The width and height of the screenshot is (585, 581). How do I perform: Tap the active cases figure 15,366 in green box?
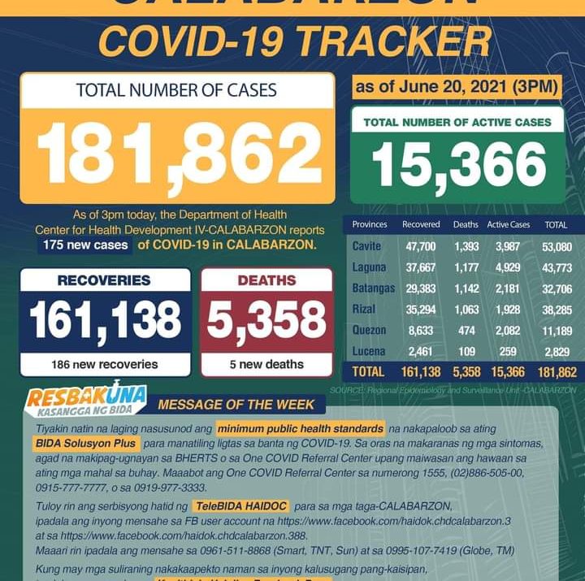click(x=459, y=166)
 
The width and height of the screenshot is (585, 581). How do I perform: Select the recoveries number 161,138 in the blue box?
click(x=106, y=320)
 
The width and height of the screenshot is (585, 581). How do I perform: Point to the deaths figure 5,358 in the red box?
click(x=266, y=320)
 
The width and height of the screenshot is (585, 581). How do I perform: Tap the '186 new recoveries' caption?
click(x=104, y=364)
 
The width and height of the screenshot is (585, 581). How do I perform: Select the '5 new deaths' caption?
click(x=266, y=364)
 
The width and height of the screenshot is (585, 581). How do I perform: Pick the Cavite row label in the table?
click(x=367, y=245)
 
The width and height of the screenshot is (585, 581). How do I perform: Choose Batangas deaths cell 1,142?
click(x=466, y=288)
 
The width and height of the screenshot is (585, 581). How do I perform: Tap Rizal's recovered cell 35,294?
click(x=421, y=309)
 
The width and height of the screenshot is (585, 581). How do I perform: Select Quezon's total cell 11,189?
click(x=557, y=330)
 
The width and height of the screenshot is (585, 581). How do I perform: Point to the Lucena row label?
click(x=369, y=351)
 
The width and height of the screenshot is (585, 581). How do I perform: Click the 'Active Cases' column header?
click(x=508, y=224)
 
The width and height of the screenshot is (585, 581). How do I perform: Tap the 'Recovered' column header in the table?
click(x=421, y=224)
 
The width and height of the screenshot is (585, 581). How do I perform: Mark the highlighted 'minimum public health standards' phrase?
click(x=300, y=428)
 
